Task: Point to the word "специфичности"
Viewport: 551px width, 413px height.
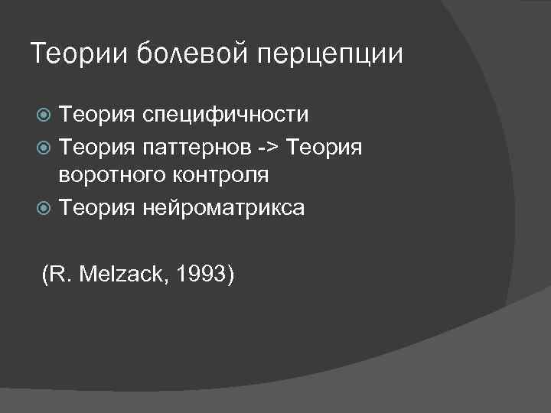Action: coord(224,115)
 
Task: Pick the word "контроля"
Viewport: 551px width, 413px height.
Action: coord(221,175)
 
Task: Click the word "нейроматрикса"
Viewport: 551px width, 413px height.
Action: coord(223,206)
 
